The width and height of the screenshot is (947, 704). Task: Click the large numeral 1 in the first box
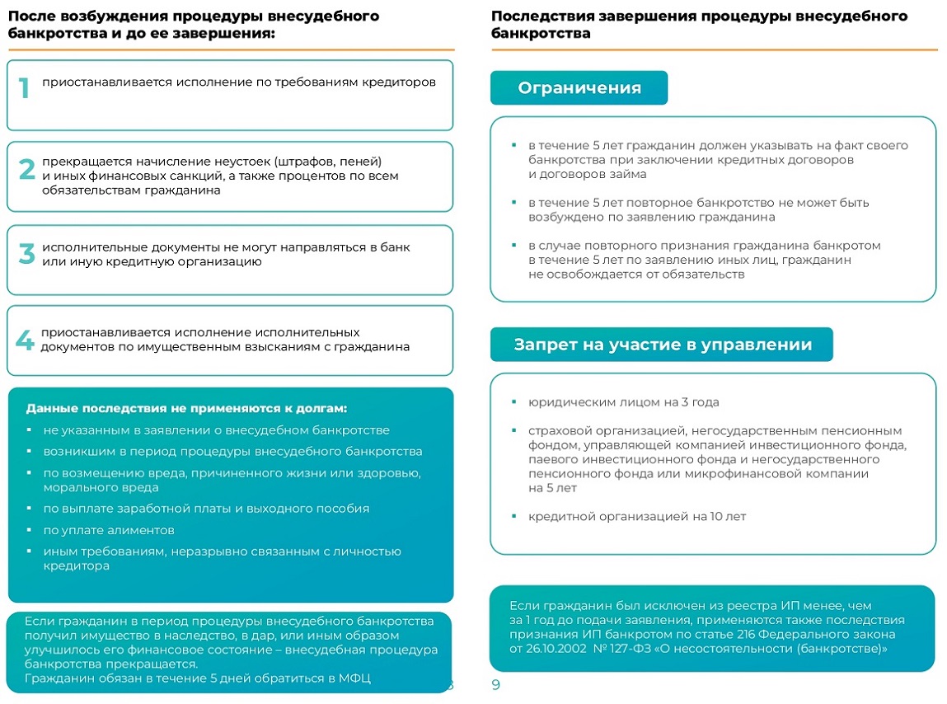pyautogui.click(x=24, y=88)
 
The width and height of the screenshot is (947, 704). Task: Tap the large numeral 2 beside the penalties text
pyautogui.click(x=26, y=170)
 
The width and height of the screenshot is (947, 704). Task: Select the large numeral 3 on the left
pyautogui.click(x=26, y=254)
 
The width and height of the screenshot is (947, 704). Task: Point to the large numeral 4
pyautogui.click(x=26, y=340)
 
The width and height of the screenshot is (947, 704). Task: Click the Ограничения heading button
pyautogui.click(x=579, y=88)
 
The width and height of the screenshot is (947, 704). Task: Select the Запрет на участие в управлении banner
pyautogui.click(x=662, y=345)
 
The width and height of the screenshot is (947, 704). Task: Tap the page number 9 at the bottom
pyautogui.click(x=495, y=685)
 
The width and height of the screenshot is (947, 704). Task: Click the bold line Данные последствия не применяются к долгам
pyautogui.click(x=186, y=408)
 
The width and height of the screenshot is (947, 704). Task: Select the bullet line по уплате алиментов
pyautogui.click(x=109, y=530)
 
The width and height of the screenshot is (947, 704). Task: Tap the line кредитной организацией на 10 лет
pyautogui.click(x=637, y=517)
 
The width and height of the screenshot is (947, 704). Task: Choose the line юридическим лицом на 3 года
pyautogui.click(x=624, y=402)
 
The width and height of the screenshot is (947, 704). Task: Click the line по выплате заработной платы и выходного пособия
pyautogui.click(x=206, y=509)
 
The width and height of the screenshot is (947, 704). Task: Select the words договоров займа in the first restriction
pyautogui.click(x=587, y=174)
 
